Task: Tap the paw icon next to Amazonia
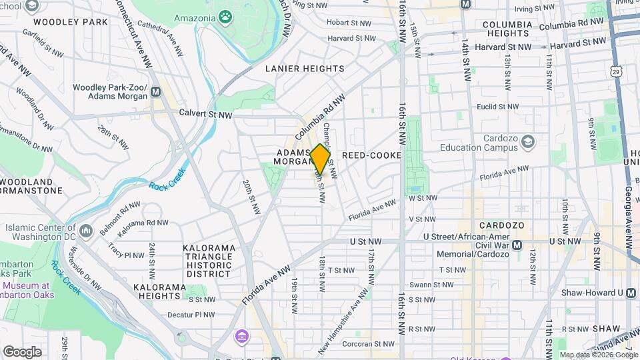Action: click(226, 16)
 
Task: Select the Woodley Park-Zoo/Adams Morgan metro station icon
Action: click(155, 92)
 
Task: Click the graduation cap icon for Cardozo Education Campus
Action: click(528, 141)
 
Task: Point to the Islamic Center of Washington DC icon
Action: click(86, 231)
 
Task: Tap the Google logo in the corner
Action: click(22, 351)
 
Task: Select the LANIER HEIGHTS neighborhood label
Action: click(305, 69)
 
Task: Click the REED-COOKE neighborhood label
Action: click(371, 155)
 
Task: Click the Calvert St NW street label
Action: click(205, 114)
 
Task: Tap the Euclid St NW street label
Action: click(494, 107)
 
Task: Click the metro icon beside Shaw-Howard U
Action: click(631, 293)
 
